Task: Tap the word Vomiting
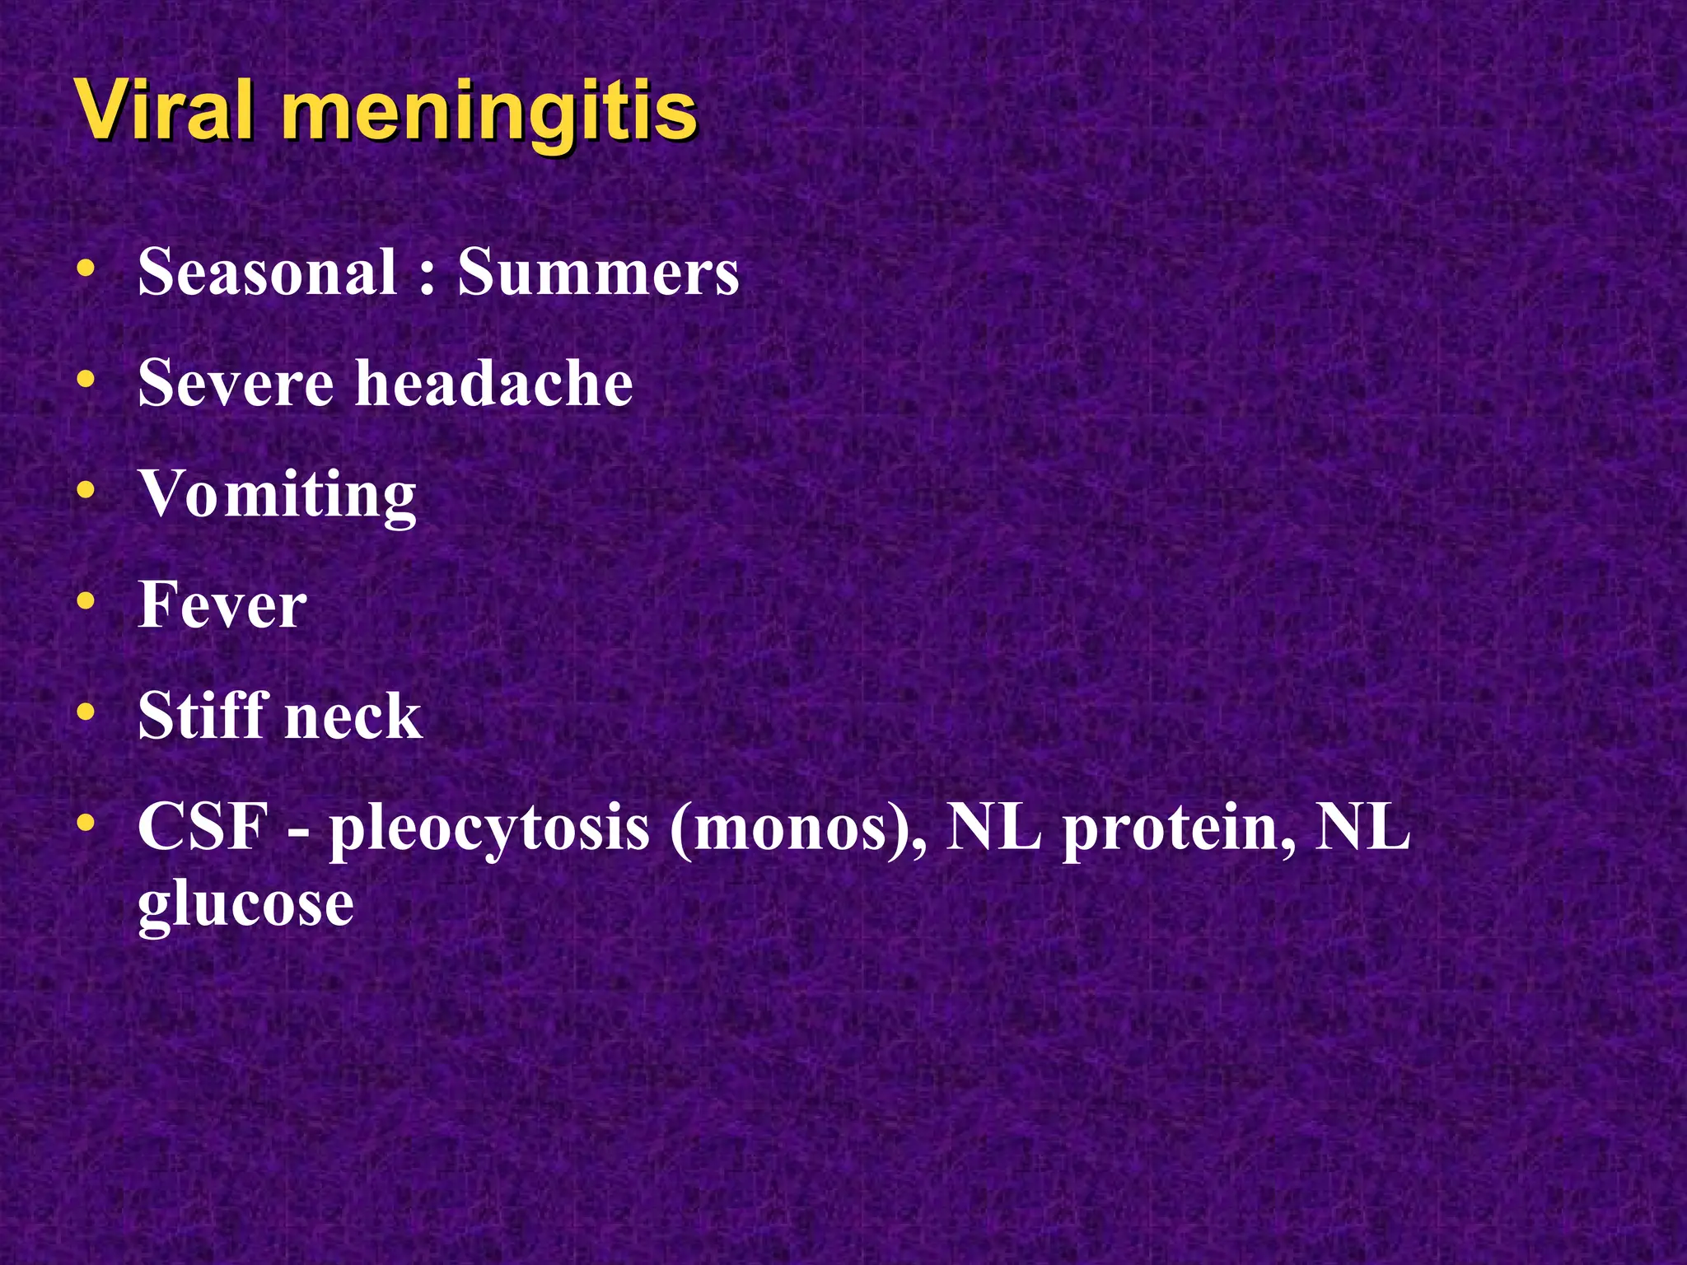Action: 278,496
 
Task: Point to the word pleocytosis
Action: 489,830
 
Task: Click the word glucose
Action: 245,906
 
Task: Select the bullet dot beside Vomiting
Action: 85,491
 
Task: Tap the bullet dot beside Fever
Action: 85,601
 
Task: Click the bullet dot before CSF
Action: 85,822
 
